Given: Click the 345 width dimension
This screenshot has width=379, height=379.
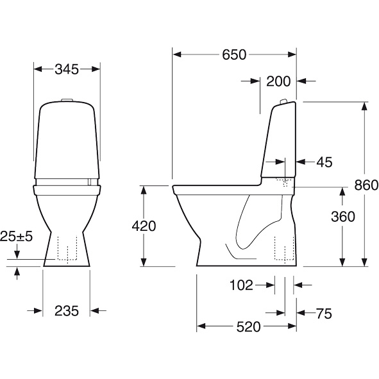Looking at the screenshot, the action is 67,69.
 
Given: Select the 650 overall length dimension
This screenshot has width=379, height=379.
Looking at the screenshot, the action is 234,55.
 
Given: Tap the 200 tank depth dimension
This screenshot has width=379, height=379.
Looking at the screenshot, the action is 278,81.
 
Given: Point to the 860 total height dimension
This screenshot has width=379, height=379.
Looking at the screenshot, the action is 366,185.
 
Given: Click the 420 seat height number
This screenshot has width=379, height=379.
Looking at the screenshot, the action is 144,226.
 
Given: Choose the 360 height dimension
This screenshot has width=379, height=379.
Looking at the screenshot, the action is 343,217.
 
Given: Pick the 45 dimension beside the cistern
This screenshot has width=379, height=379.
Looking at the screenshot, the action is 324,162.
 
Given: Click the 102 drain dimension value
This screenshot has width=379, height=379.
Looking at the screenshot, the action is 241,285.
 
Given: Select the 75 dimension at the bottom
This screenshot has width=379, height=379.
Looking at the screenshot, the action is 324,314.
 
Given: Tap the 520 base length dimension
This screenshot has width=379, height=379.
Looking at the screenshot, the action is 248,327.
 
